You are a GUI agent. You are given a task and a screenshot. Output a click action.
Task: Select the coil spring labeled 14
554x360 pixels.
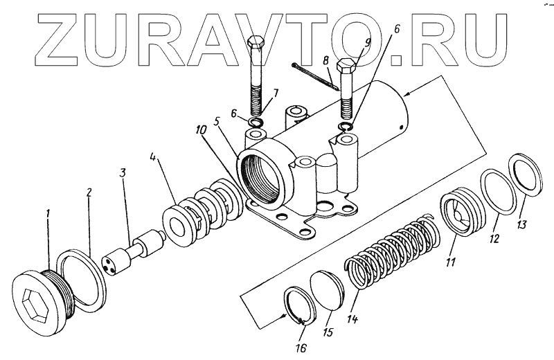391,248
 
